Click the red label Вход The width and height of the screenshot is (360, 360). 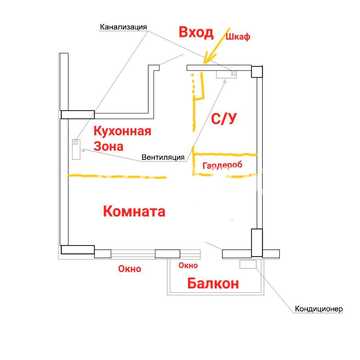(196, 32)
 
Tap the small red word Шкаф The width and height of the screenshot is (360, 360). (238, 37)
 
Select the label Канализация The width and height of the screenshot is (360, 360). (124, 27)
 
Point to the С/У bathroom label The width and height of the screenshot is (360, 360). (224, 119)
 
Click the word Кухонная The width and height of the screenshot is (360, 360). (122, 131)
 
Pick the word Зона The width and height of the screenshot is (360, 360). (108, 146)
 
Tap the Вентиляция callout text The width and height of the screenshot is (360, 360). (163, 157)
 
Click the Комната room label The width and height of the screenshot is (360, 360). (134, 211)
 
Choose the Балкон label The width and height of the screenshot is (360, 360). (213, 284)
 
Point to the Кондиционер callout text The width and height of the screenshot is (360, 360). (318, 309)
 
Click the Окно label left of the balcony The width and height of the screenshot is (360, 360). (130, 269)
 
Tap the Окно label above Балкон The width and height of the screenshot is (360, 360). (188, 266)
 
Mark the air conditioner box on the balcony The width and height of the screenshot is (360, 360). (247, 264)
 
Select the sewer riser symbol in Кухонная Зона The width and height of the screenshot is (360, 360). (77, 149)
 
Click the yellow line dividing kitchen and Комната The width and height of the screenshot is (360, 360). (117, 176)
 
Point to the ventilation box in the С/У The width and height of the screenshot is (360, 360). (226, 75)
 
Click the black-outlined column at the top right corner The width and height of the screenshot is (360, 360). (257, 72)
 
